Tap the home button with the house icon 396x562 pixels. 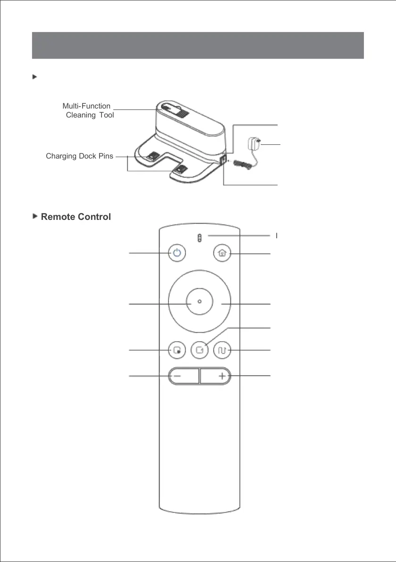tap(222, 253)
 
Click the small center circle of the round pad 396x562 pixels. tap(199, 302)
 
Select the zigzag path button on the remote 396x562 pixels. tap(222, 351)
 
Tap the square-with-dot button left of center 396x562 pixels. tap(177, 351)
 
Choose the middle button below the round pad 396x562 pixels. tap(199, 351)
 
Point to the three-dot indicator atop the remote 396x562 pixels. tap(199, 238)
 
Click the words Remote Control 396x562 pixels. tap(76, 217)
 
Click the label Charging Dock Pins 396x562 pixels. tap(79, 156)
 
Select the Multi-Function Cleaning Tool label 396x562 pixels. tap(88, 110)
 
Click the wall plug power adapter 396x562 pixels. tap(254, 142)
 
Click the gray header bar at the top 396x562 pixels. tap(198, 45)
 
